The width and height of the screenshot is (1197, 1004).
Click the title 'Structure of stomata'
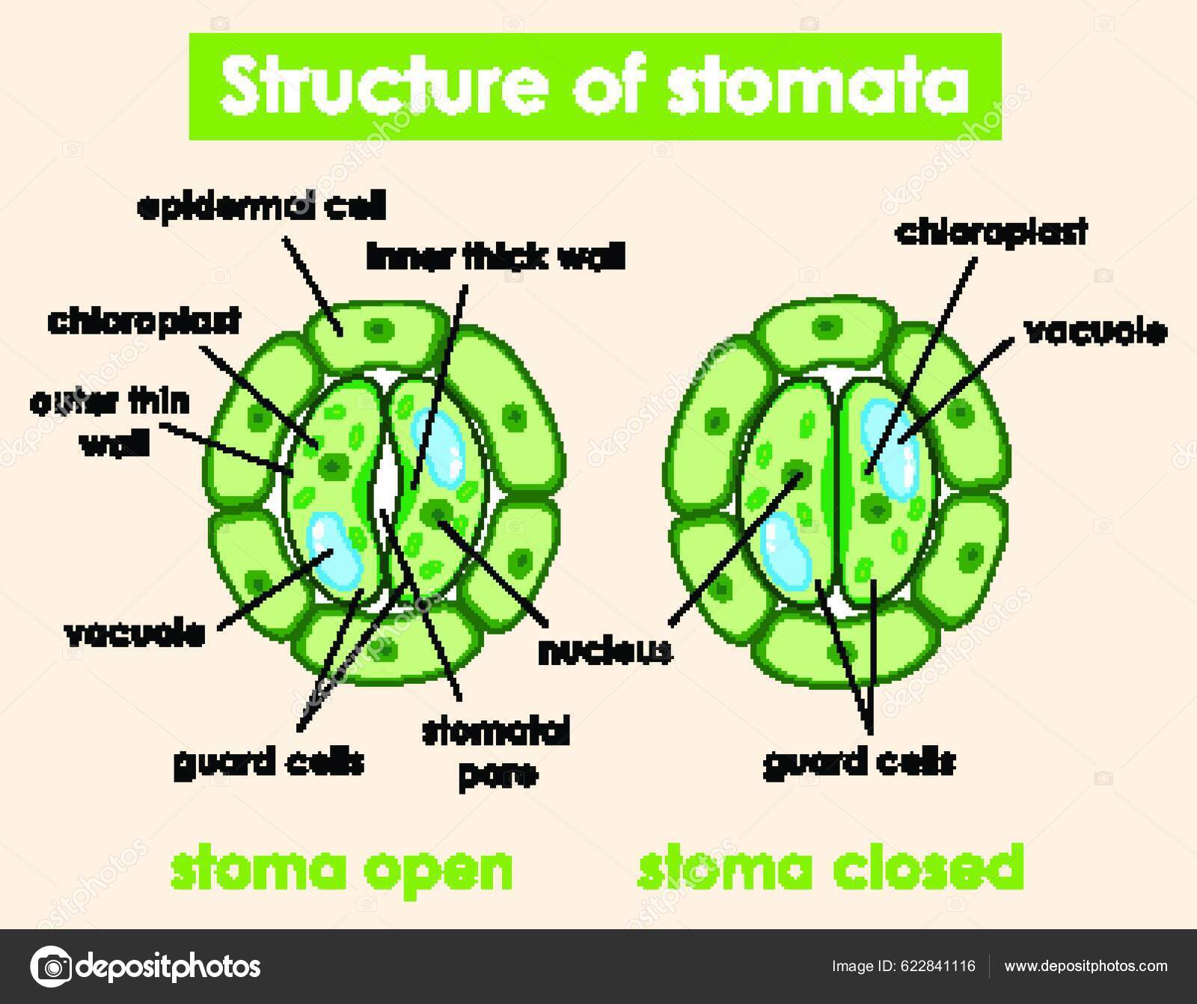pos(595,88)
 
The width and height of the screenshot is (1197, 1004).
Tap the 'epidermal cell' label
pos(261,207)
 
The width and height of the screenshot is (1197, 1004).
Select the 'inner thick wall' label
pos(496,257)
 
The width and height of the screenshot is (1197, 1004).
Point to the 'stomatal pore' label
pos(496,752)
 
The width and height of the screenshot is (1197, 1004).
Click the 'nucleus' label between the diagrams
pos(605,652)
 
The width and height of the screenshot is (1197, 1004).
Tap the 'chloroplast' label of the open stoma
pos(144,321)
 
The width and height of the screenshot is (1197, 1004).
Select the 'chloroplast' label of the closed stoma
pos(991,233)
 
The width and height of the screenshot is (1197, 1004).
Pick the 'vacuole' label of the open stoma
pos(135,634)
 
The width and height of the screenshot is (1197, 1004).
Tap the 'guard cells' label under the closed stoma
pos(860,763)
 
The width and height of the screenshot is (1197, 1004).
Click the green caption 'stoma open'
pos(342,867)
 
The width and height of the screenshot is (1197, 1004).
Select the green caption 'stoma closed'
pos(830,867)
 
